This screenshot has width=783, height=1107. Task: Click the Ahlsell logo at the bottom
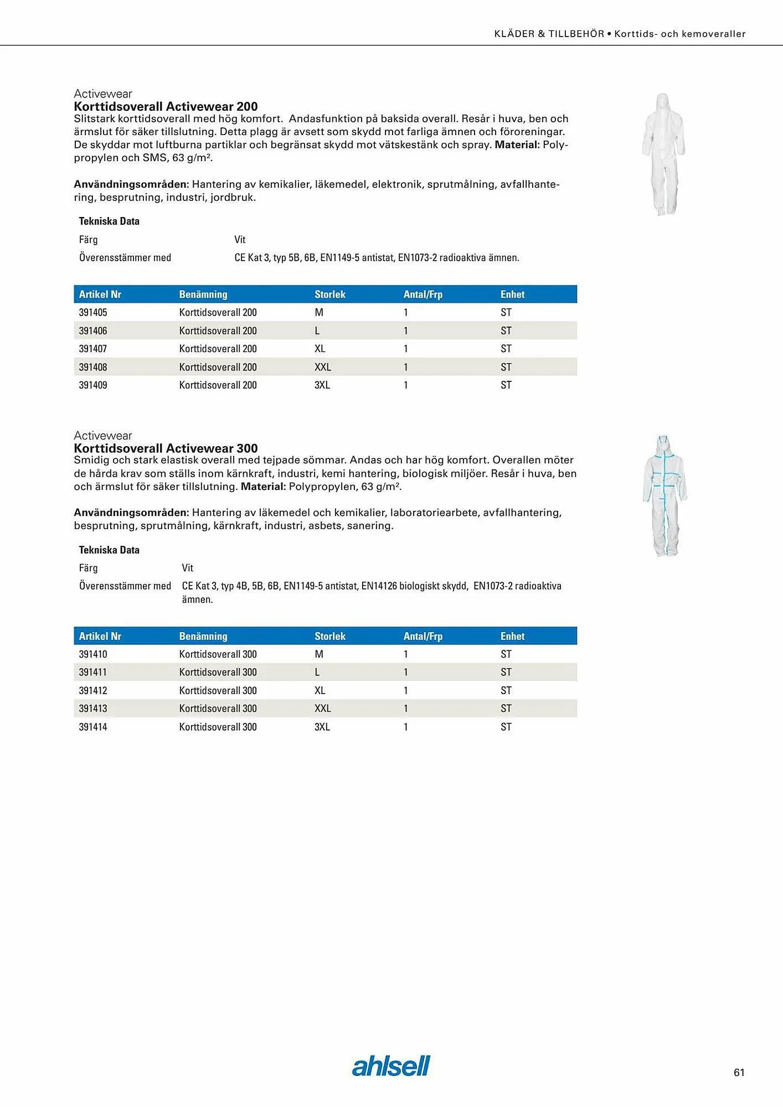click(x=391, y=1066)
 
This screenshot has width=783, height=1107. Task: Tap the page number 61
click(x=739, y=1073)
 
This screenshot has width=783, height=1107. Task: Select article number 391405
click(x=93, y=312)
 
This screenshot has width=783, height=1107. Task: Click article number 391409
click(x=93, y=385)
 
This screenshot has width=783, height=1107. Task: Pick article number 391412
click(x=93, y=690)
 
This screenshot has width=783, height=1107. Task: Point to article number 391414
click(x=93, y=727)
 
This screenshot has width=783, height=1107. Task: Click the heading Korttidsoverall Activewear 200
click(x=166, y=106)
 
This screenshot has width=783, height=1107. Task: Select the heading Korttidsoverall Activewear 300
click(x=166, y=448)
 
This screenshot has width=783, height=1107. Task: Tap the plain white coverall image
click(x=663, y=154)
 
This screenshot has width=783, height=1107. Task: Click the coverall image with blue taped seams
click(x=664, y=496)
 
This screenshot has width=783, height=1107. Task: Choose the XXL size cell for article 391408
click(x=323, y=367)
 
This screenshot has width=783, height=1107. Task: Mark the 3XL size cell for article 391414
click(x=322, y=727)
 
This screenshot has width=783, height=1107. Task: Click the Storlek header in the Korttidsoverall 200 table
click(x=330, y=294)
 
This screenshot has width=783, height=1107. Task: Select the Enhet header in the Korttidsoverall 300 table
click(x=512, y=637)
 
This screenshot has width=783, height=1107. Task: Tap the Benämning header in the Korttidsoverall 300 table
click(x=203, y=637)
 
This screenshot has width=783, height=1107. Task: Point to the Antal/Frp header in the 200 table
click(x=423, y=294)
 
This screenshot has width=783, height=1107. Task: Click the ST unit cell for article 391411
click(x=506, y=672)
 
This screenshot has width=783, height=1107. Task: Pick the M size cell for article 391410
click(x=319, y=654)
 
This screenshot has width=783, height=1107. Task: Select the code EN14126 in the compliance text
click(x=379, y=586)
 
